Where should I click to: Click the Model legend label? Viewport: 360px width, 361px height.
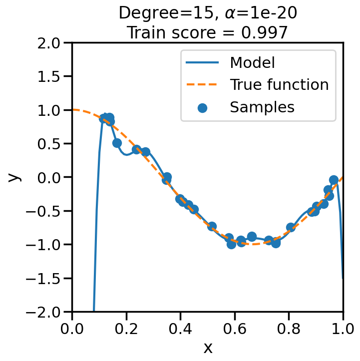click(252, 63)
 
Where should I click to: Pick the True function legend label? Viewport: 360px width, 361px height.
click(279, 85)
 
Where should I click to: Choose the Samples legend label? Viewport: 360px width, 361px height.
click(262, 107)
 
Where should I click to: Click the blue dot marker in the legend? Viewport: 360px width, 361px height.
click(202, 107)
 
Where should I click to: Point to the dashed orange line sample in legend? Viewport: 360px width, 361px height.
click(202, 85)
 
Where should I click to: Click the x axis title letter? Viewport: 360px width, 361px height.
click(208, 348)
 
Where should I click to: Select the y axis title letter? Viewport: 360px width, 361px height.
click(15, 177)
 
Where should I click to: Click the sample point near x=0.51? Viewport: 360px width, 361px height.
click(212, 227)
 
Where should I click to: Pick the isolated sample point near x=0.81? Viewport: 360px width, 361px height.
click(291, 227)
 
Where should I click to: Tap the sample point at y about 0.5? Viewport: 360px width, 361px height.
click(117, 143)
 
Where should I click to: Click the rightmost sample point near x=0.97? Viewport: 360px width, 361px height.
click(334, 180)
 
